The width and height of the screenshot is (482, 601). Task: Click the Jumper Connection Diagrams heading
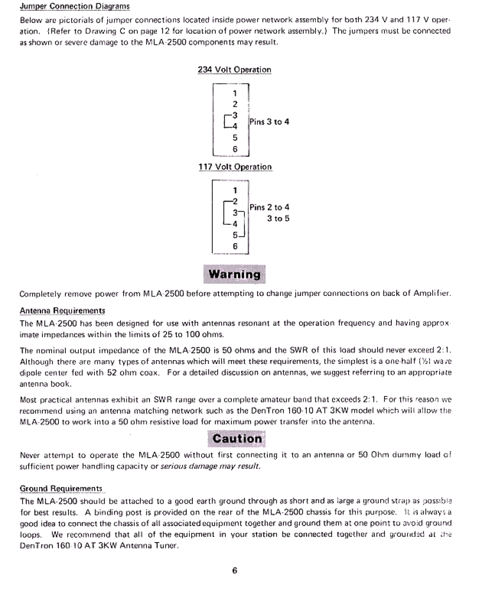point(74,7)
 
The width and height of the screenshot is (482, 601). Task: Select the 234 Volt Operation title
point(234,70)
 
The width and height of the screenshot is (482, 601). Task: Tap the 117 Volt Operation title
point(235,167)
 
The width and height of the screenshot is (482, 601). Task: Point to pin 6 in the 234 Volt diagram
point(235,149)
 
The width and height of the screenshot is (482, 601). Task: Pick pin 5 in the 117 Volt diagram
point(235,235)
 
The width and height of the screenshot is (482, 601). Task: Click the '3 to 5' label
point(278,218)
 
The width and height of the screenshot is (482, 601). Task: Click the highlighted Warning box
point(235,275)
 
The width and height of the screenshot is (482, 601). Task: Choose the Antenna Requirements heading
point(62,310)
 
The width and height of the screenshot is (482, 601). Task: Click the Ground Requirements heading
point(61,489)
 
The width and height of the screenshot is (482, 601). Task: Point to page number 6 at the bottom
point(235,570)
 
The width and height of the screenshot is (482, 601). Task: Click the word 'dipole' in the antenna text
point(32,373)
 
